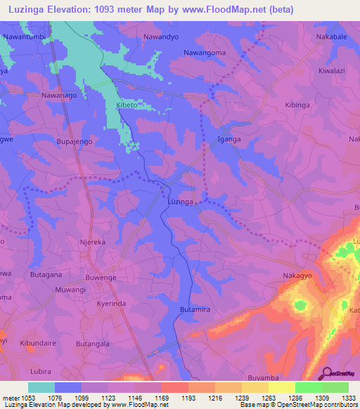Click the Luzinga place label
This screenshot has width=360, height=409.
pyautogui.click(x=181, y=202)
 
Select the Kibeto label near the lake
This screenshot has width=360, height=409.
pyautogui.click(x=127, y=105)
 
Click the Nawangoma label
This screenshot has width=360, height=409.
pyautogui.click(x=205, y=53)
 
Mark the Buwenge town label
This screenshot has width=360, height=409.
pyautogui.click(x=101, y=278)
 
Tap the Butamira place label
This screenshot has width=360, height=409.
pyautogui.click(x=195, y=309)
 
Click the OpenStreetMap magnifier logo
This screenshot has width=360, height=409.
pyautogui.click(x=326, y=372)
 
